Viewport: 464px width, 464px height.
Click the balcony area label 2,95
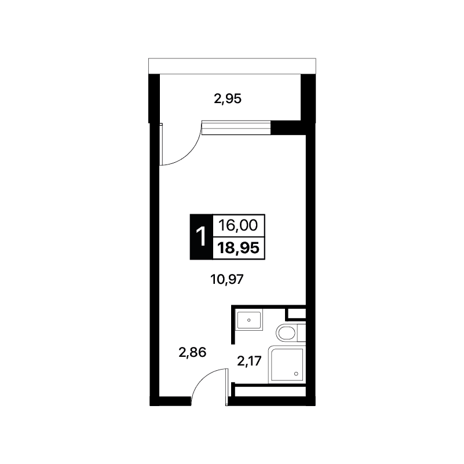click(x=228, y=99)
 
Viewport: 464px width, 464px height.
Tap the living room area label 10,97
click(x=226, y=279)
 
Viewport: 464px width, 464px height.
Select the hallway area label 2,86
click(x=192, y=352)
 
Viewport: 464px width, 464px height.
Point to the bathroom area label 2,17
click(x=250, y=361)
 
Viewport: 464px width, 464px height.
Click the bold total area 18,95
click(x=239, y=248)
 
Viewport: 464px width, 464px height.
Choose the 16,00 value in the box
click(x=238, y=225)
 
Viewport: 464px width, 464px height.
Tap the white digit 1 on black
click(x=201, y=236)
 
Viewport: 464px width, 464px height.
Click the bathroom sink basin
click(x=249, y=320)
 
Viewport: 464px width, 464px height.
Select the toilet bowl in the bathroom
click(x=286, y=333)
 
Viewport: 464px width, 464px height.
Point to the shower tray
click(x=287, y=364)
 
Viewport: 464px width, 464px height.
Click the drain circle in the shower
click(x=296, y=374)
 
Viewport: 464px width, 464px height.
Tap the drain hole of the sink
click(x=249, y=320)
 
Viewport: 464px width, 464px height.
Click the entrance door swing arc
click(x=204, y=380)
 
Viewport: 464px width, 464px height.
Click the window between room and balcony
click(x=236, y=128)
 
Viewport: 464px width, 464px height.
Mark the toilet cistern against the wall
click(x=301, y=333)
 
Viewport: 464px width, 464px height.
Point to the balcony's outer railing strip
click(x=232, y=66)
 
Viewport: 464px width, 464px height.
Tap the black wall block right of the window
click(x=288, y=128)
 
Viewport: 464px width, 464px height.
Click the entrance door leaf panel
click(x=227, y=387)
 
